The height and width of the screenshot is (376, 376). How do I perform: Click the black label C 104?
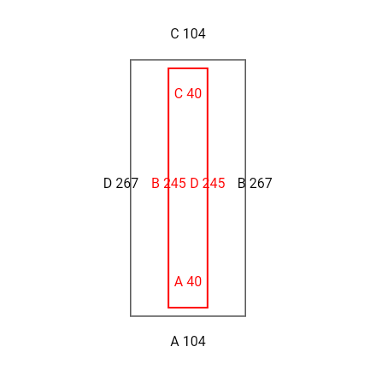tap(188, 33)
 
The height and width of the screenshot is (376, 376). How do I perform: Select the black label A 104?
tap(188, 341)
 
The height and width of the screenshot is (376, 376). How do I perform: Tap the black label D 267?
tap(120, 183)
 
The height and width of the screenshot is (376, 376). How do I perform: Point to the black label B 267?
tap(255, 183)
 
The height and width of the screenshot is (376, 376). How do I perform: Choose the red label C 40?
tap(188, 93)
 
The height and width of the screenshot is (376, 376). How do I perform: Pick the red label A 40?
tap(188, 281)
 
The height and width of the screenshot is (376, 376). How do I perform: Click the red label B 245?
tap(168, 183)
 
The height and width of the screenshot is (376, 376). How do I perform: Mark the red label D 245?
tap(208, 183)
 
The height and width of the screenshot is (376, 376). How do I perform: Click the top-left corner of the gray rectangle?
tap(131, 60)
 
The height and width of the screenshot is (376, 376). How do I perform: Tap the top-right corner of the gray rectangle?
tap(245, 60)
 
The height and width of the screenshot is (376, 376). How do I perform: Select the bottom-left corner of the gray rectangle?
tap(131, 316)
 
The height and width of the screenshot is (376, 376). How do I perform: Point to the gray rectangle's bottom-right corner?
tap(245, 316)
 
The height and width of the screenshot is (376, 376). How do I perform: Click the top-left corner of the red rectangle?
tap(168, 68)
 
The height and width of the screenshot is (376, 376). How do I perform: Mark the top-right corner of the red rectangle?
tap(208, 68)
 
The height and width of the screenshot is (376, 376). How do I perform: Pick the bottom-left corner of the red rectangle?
tap(168, 308)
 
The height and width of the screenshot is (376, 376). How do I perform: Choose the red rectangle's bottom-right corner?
tap(208, 308)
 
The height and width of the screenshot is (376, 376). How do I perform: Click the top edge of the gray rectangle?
tap(188, 60)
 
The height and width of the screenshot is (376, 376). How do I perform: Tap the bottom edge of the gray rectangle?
tap(188, 316)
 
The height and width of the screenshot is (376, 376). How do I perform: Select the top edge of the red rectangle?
tap(188, 68)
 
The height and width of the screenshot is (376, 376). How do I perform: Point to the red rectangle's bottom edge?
tap(188, 308)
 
